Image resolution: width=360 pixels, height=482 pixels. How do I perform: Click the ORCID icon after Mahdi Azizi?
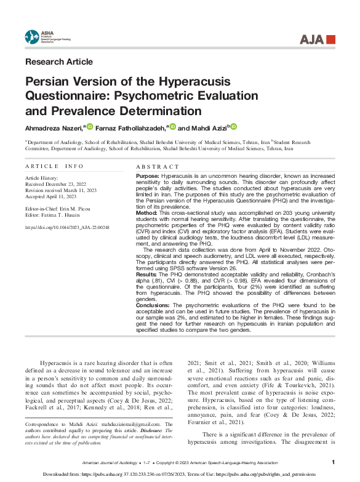tap(234, 127)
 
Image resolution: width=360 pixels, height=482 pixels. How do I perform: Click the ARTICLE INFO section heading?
tap(54, 166)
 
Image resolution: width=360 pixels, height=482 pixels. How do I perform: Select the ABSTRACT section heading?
tap(158, 166)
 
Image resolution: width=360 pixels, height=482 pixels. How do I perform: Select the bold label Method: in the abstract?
tap(147, 211)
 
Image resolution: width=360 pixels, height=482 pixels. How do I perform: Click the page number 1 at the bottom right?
tap(333, 462)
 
